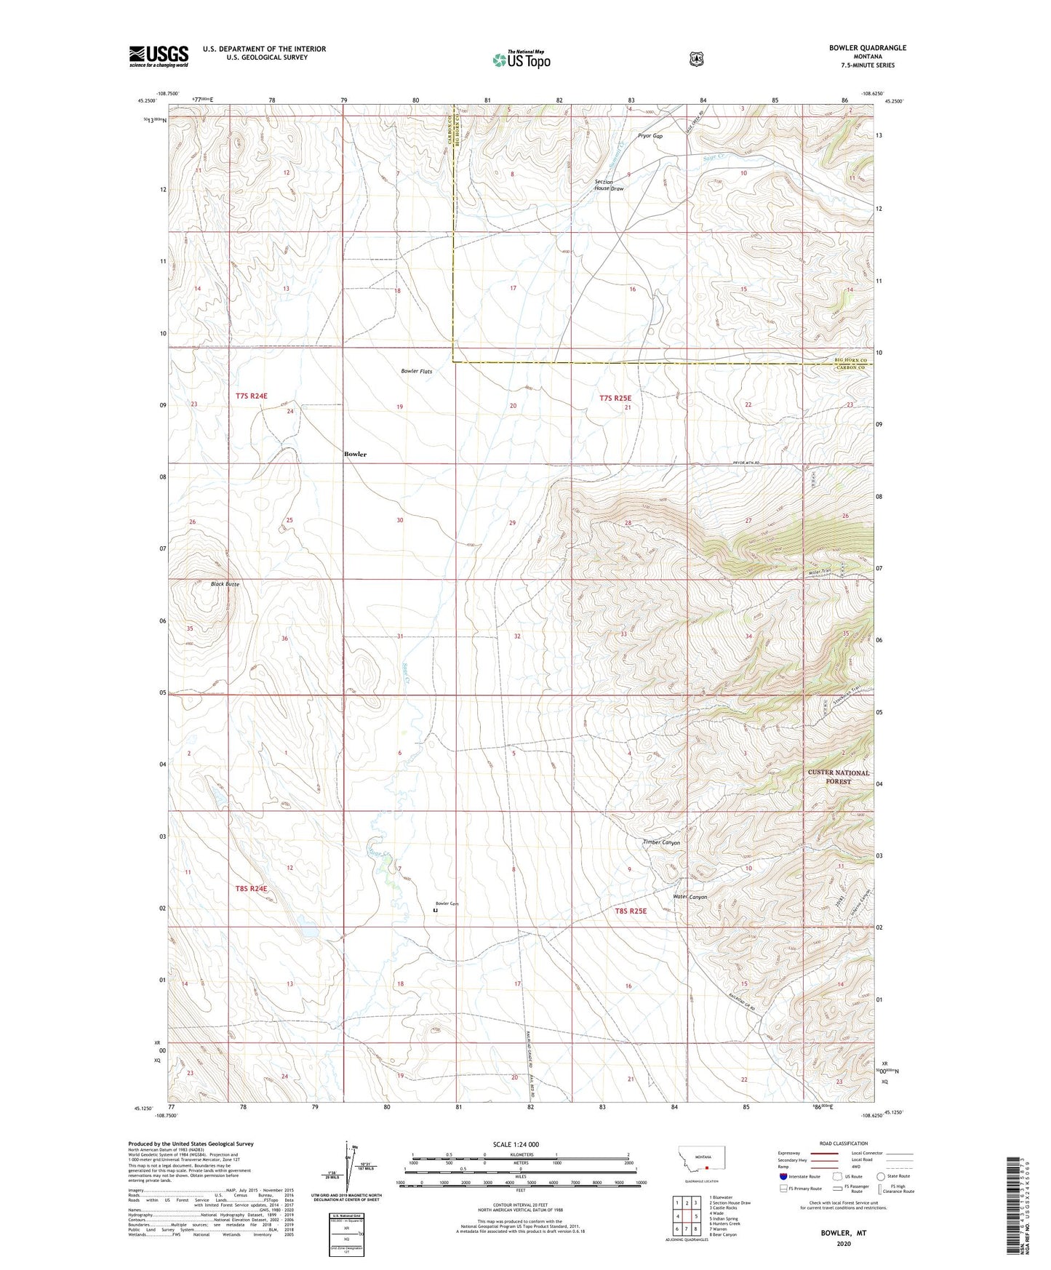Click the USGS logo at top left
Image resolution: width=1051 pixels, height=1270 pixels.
coord(159,56)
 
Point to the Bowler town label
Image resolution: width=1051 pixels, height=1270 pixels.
coord(355,454)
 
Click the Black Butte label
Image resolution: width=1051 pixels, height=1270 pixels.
coord(225,584)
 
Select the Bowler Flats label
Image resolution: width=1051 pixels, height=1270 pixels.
coord(417,371)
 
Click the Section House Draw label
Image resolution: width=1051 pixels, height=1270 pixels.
coord(609,185)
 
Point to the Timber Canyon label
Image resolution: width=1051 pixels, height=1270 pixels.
coord(661,842)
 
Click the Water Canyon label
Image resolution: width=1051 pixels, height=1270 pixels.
coord(690,897)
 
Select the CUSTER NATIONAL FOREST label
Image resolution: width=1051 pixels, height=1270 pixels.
coord(838,777)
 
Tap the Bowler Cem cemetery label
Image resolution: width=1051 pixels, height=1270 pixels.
coord(447,903)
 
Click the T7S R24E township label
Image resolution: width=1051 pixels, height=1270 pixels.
coord(252,396)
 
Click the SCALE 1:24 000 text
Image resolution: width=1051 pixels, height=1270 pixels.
coord(516,1144)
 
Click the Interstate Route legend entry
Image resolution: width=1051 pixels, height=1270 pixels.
coord(799,1176)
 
